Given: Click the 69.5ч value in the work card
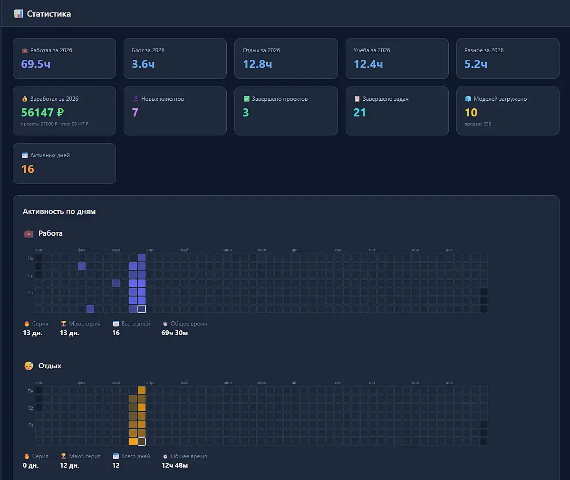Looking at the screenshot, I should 36,64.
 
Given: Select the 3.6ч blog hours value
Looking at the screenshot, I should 143,64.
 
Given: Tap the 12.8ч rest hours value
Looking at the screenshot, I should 257,64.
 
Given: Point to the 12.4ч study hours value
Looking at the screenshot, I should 368,64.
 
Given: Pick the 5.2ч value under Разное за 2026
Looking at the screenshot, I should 475,64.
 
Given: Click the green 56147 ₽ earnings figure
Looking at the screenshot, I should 42,113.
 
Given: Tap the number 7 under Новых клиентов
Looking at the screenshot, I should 135,113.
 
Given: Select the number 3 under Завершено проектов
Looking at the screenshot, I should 246,113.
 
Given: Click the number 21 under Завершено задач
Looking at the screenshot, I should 359,113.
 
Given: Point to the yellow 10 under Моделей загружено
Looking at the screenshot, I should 471,113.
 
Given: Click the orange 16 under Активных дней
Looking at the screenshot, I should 28,169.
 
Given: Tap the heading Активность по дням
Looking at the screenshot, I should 59,211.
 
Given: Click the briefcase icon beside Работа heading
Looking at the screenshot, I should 29,233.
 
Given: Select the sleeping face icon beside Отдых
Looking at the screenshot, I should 29,366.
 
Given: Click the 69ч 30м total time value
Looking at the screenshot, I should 174,333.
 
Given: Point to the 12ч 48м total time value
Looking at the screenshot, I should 174,465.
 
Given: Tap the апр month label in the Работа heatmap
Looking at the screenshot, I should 150,250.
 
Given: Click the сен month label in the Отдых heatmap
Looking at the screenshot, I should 338,383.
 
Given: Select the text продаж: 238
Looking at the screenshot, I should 478,124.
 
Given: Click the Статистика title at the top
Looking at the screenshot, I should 48,14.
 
